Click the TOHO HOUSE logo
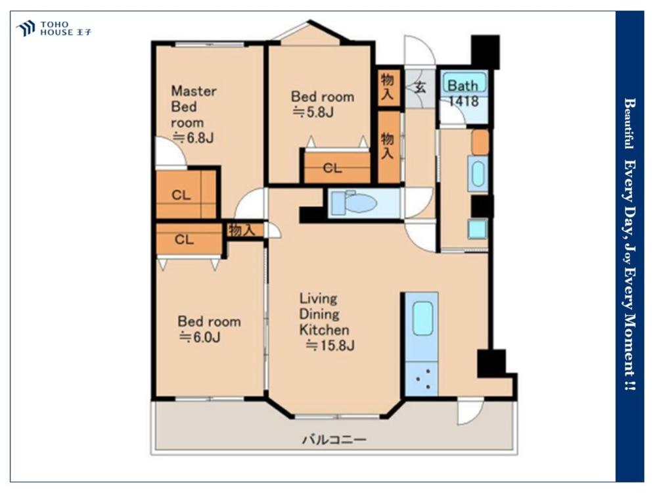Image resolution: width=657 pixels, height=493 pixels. [54, 28]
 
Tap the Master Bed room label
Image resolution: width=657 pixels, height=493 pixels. [194, 107]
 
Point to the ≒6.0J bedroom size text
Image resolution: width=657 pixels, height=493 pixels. [200, 337]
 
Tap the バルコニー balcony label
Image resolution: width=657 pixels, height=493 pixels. [334, 440]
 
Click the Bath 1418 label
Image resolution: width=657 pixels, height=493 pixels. [463, 93]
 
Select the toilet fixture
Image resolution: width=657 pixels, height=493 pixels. [355, 203]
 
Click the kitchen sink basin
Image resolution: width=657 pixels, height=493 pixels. [422, 319]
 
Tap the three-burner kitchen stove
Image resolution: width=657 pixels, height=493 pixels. [422, 379]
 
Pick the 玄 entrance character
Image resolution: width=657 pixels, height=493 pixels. [420, 87]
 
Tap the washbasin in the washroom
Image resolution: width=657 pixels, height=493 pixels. [478, 174]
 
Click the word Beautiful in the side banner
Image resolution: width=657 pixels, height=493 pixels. [628, 124]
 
